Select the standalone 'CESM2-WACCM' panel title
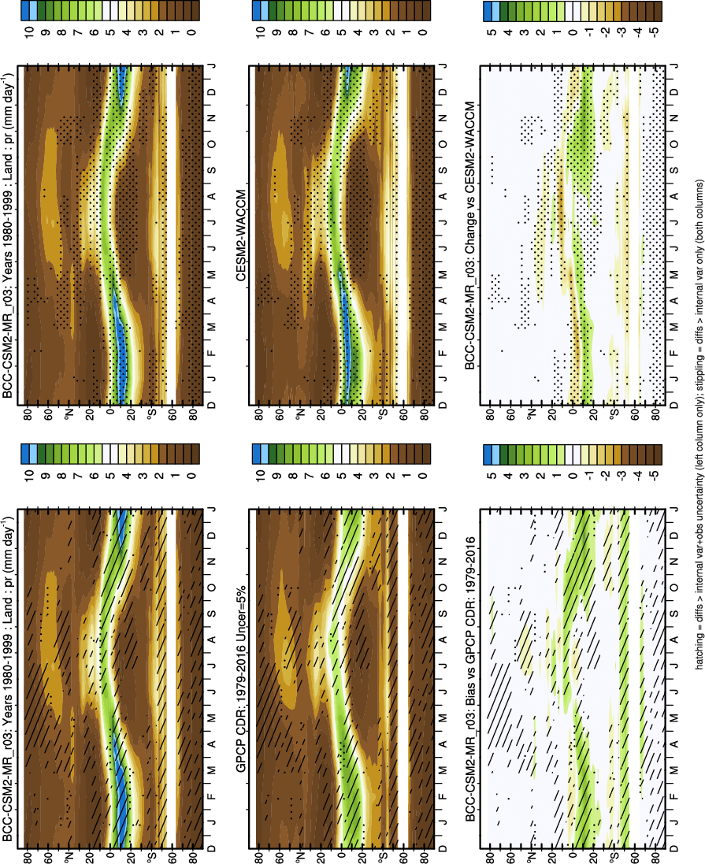pos(239,250)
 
